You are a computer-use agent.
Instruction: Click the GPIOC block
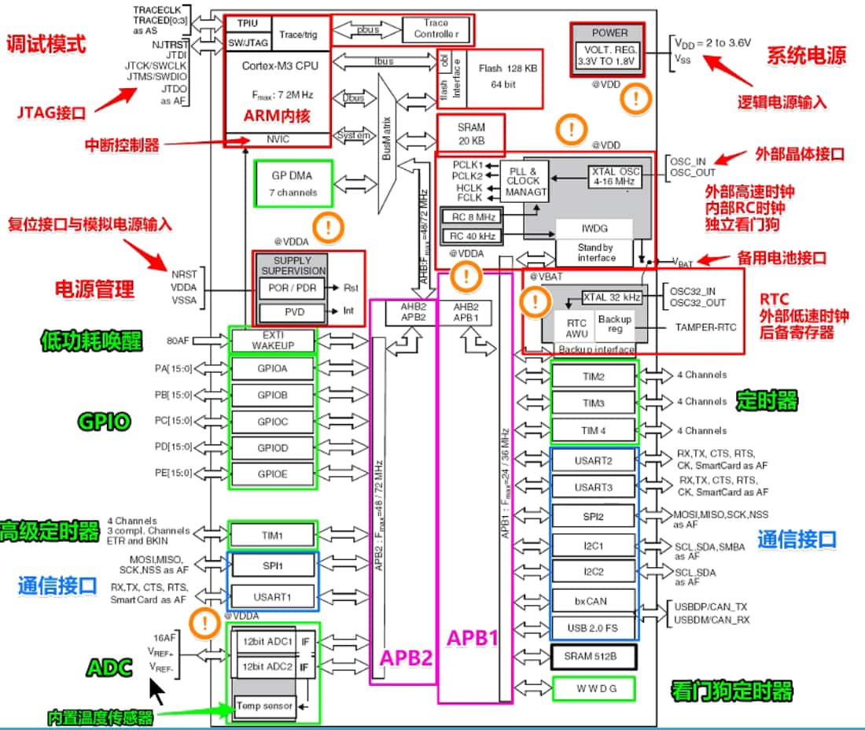(272, 422)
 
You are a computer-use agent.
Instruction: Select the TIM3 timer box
(594, 403)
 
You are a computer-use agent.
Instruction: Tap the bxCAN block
(594, 601)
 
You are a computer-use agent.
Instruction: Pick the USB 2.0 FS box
(594, 628)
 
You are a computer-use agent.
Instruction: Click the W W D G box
(594, 689)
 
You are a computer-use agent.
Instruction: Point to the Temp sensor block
(264, 706)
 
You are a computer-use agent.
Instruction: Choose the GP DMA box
(293, 185)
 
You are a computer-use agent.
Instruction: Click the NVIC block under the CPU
(277, 139)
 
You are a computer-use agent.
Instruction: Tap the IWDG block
(594, 229)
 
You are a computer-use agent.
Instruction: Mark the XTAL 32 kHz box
(611, 297)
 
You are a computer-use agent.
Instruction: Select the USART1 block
(272, 597)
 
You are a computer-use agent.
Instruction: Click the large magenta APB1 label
(473, 638)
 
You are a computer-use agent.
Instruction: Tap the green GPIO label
(103, 422)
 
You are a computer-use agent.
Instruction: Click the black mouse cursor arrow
(158, 691)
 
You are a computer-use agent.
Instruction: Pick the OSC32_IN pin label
(693, 292)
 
